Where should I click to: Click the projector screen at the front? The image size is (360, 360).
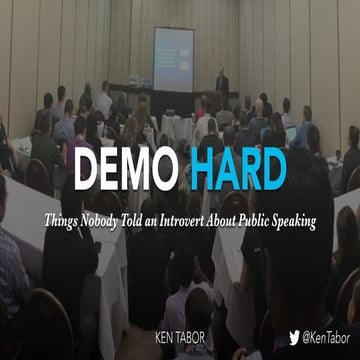click(x=173, y=59)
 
